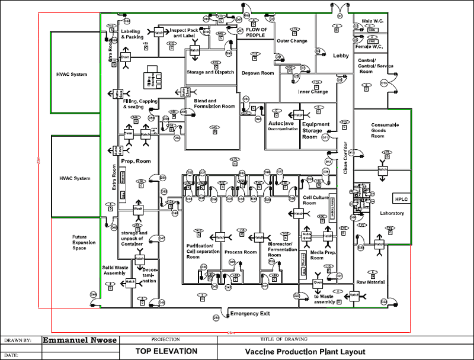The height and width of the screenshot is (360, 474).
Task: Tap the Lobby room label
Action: click(x=341, y=56)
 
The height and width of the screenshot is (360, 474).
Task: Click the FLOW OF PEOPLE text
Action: click(x=257, y=33)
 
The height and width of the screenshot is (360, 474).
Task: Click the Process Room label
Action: click(x=241, y=252)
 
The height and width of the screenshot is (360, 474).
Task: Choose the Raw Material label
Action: click(x=370, y=283)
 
